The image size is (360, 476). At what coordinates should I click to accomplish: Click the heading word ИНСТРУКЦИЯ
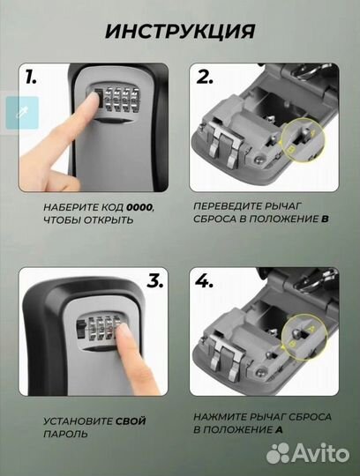pos(180,31)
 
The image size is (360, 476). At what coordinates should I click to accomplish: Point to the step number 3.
pos(155,281)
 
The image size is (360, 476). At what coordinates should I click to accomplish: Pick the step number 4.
pos(204,281)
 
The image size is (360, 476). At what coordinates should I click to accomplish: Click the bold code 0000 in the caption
pos(139,208)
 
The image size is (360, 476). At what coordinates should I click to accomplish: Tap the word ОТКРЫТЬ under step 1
pos(109,219)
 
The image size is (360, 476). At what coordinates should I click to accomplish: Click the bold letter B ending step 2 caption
pos(325,219)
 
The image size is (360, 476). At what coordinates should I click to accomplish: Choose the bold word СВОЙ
pos(131,421)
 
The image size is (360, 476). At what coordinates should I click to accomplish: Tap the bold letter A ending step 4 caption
pos(279,429)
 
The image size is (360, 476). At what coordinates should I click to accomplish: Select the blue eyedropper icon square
pos(22,113)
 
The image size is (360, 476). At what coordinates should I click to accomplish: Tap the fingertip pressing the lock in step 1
pos(94,100)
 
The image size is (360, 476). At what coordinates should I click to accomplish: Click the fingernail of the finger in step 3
pos(124,330)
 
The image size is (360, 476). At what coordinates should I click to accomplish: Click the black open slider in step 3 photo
pos(80,331)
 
